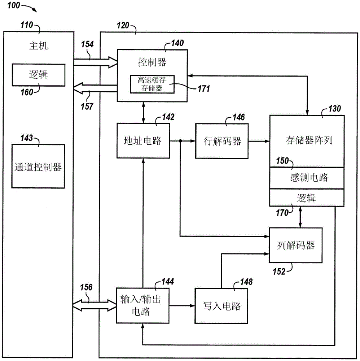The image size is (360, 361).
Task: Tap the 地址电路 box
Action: pyautogui.click(x=142, y=141)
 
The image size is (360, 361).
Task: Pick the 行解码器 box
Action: pyautogui.click(x=221, y=141)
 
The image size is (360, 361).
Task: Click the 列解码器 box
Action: pyautogui.click(x=295, y=246)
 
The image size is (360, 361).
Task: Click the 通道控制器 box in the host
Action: pyautogui.click(x=38, y=166)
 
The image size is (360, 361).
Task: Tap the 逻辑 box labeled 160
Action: pyautogui.click(x=39, y=75)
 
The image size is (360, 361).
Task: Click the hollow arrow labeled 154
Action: pyautogui.click(x=95, y=62)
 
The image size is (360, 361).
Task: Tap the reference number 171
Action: pyautogui.click(x=203, y=88)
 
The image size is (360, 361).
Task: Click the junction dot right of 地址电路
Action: pyautogui.click(x=180, y=141)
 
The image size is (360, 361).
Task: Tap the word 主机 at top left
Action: pyautogui.click(x=38, y=46)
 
